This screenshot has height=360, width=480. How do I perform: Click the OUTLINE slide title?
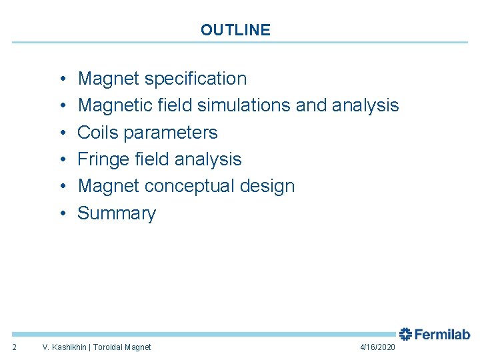[x=235, y=30]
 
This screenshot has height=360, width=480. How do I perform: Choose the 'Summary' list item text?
[x=117, y=213]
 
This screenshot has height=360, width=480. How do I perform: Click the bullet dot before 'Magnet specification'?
[x=61, y=79]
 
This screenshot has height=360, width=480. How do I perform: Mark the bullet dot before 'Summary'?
[x=61, y=213]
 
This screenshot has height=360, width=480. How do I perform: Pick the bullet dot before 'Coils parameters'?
[x=61, y=133]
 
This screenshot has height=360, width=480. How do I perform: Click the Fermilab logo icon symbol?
[x=405, y=334]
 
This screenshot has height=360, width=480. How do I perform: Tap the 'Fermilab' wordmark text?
[x=442, y=334]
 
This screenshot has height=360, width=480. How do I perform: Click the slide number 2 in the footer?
[x=15, y=347]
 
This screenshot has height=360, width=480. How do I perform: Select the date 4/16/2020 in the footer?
[x=377, y=347]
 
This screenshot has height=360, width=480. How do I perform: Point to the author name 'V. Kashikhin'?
[x=65, y=347]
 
